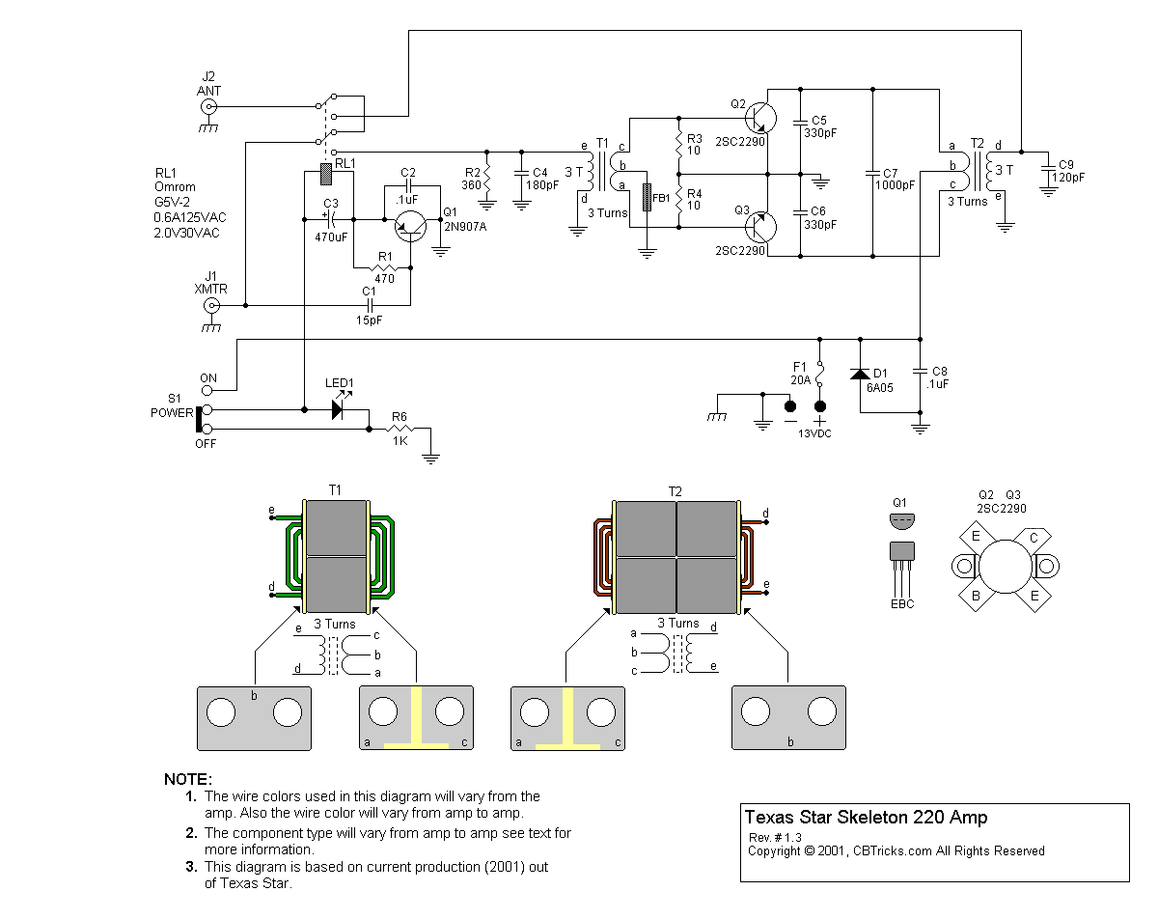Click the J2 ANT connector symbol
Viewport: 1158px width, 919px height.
208,107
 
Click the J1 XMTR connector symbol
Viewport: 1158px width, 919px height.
209,306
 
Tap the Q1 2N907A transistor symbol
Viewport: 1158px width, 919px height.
413,224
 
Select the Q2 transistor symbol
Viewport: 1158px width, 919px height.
761,117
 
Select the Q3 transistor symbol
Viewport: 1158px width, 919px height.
761,228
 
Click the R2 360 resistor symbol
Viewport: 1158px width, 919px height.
487,176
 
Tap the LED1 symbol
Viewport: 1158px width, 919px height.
337,409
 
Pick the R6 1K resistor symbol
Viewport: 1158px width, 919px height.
399,429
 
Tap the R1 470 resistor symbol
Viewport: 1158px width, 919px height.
386,267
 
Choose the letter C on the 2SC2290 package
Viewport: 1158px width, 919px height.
1034,538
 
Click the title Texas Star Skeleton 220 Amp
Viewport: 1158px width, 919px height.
866,819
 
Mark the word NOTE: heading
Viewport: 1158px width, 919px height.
188,779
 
